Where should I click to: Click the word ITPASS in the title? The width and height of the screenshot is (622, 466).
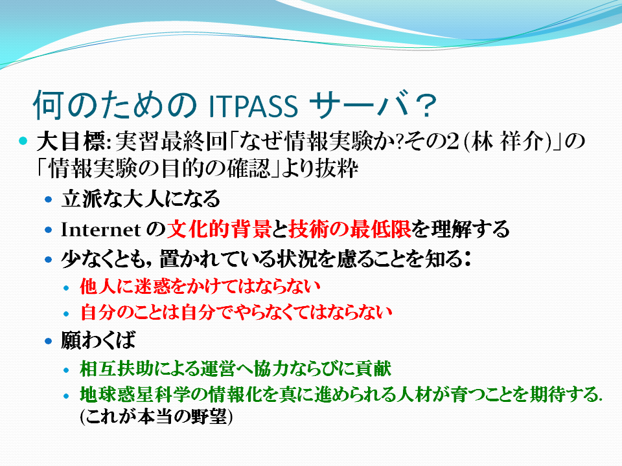pyautogui.click(x=253, y=105)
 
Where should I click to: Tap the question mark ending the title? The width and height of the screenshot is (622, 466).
pyautogui.click(x=425, y=105)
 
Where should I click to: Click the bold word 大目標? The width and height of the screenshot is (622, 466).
pyautogui.click(x=71, y=142)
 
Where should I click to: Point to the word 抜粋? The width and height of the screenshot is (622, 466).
pyautogui.click(x=337, y=168)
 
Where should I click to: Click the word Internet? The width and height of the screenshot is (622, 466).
pyautogui.click(x=101, y=229)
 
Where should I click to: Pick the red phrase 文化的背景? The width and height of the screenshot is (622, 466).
pyautogui.click(x=219, y=229)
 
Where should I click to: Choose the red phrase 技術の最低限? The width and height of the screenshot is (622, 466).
pyautogui.click(x=349, y=229)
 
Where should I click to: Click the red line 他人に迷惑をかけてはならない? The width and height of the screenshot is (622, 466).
pyautogui.click(x=200, y=286)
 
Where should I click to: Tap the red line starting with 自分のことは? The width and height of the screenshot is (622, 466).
pyautogui.click(x=236, y=312)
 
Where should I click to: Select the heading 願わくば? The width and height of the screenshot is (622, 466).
pyautogui.click(x=98, y=340)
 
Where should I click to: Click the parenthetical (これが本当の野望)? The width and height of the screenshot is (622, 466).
pyautogui.click(x=156, y=416)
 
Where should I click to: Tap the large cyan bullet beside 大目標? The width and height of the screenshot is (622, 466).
pyautogui.click(x=23, y=140)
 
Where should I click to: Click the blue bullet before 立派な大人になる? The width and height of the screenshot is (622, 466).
pyautogui.click(x=49, y=199)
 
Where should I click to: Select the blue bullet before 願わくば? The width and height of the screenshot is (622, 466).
pyautogui.click(x=49, y=340)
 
